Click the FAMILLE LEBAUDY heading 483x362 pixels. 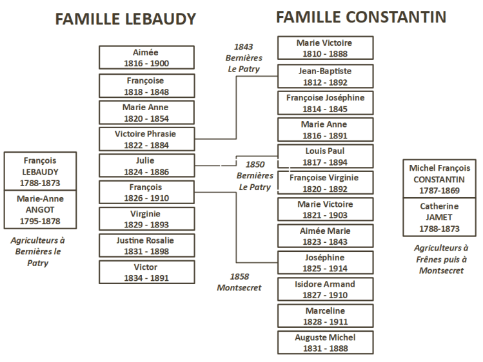(125, 19)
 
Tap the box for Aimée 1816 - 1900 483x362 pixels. (146, 57)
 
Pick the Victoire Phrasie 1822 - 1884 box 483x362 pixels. (146, 139)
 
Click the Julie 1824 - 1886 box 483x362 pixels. (146, 166)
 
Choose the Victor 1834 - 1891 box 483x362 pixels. (146, 272)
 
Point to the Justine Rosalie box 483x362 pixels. (146, 245)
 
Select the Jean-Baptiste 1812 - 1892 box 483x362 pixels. (325, 76)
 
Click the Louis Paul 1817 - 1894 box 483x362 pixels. (325, 156)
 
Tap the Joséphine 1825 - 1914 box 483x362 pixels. (325, 262)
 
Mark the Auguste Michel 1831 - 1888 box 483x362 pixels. (325, 342)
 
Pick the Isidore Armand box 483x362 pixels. (325, 289)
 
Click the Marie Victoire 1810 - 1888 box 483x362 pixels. (325, 48)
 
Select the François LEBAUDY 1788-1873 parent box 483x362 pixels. (41, 172)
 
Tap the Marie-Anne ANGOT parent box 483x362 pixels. (41, 210)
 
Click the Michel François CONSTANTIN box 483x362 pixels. (439, 178)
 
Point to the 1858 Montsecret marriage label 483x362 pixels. (239, 282)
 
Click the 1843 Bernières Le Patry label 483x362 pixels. (243, 58)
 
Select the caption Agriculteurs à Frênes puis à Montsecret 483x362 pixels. (440, 260)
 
